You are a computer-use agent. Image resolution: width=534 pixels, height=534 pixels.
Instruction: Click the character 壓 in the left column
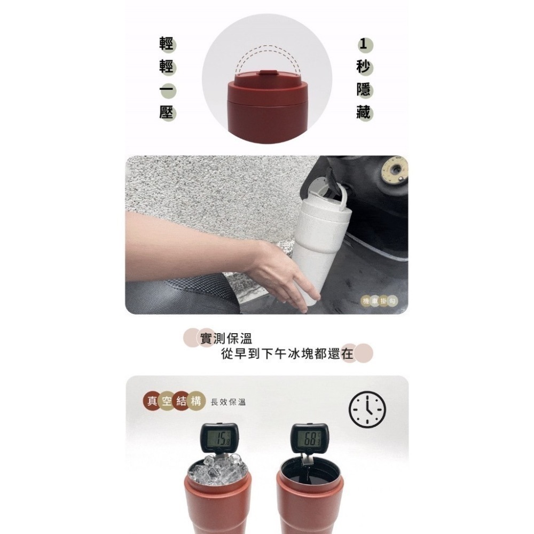pyautogui.click(x=167, y=112)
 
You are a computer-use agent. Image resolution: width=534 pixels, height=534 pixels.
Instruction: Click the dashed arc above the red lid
pyautogui.click(x=267, y=51)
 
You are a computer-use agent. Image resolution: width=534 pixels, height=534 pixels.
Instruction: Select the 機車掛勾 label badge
pyautogui.click(x=379, y=301)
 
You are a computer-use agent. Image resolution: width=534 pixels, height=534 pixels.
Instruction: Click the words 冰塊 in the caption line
pyautogui.click(x=299, y=354)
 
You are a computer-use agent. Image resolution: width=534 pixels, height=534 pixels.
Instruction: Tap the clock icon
pyautogui.click(x=367, y=410)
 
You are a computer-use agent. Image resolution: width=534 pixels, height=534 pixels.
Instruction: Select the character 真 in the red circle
pyautogui.click(x=153, y=402)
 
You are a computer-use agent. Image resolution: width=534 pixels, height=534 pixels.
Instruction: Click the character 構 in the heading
pyautogui.click(x=197, y=402)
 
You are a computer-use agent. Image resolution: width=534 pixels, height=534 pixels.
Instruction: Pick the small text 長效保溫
pyautogui.click(x=229, y=403)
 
